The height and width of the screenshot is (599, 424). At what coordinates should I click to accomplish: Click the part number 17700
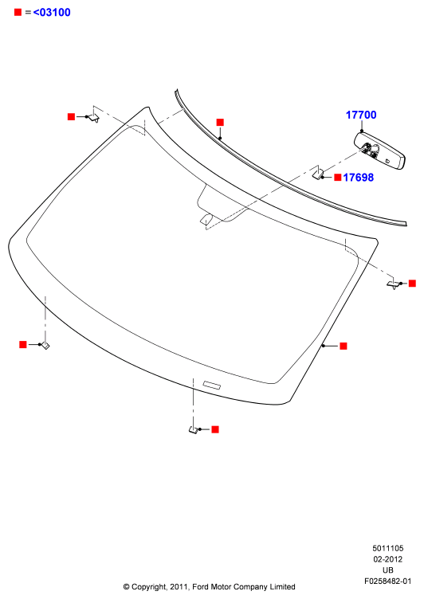click(361, 115)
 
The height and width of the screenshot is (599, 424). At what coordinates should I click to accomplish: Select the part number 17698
click(358, 178)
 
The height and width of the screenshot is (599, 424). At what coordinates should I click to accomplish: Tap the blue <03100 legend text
click(52, 12)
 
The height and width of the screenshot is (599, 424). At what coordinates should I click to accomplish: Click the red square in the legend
click(18, 12)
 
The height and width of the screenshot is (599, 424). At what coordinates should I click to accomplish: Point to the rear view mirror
click(379, 151)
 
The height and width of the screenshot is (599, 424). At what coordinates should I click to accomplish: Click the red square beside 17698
click(338, 178)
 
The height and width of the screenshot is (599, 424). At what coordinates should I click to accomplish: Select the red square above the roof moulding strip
click(220, 122)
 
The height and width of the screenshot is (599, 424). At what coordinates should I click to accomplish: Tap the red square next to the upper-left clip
click(71, 116)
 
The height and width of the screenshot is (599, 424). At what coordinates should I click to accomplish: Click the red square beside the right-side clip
click(412, 283)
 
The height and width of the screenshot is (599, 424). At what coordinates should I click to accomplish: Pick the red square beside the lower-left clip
click(23, 345)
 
